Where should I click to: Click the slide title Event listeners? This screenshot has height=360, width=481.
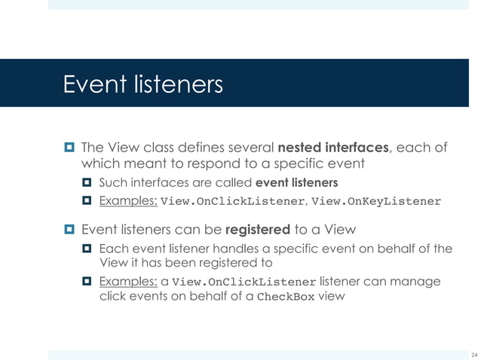143,84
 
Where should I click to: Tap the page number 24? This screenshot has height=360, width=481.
473,355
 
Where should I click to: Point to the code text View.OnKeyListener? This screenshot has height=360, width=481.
375,202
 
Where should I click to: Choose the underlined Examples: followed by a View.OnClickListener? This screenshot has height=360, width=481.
127,282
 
